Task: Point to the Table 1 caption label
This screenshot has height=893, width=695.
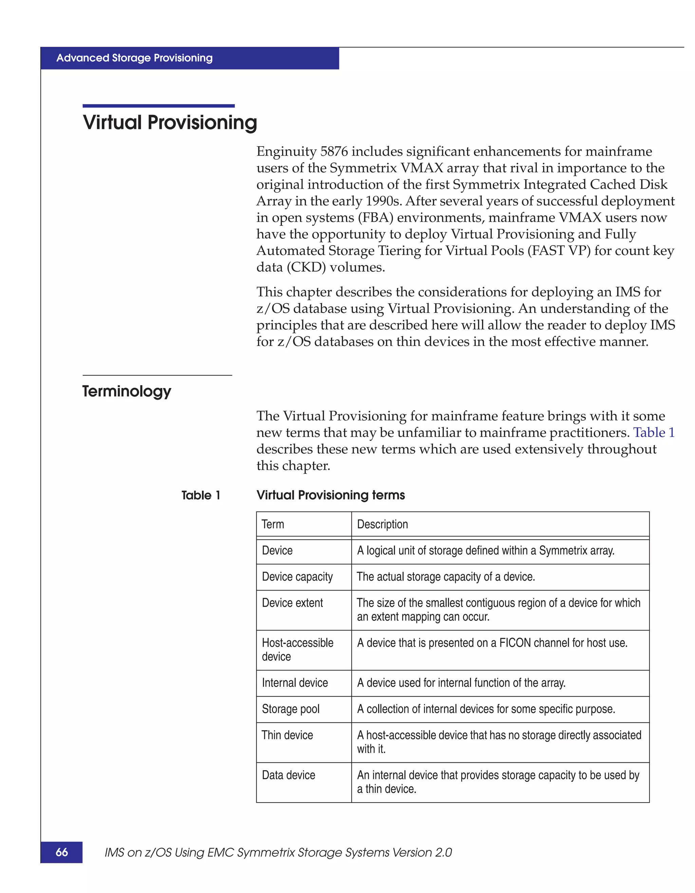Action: pyautogui.click(x=201, y=495)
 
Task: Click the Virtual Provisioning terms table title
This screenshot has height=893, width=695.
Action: pyautogui.click(x=330, y=495)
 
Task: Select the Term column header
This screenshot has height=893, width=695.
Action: pyautogui.click(x=273, y=524)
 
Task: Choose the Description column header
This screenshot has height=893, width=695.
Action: pyautogui.click(x=382, y=524)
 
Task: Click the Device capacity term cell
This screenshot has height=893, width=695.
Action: pyautogui.click(x=297, y=577)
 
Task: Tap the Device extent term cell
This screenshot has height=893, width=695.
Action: pyautogui.click(x=292, y=603)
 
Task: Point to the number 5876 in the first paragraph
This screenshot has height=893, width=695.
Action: pyautogui.click(x=334, y=152)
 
